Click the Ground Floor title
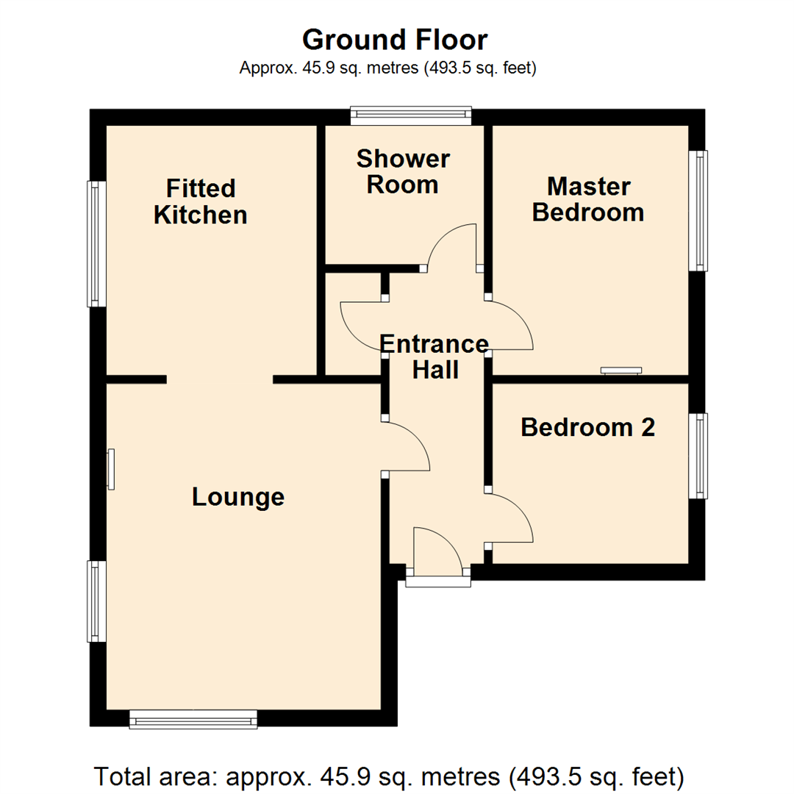click(396, 39)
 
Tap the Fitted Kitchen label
click(200, 201)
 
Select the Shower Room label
click(403, 171)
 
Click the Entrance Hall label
click(434, 357)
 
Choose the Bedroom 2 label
click(587, 427)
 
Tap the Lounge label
click(237, 497)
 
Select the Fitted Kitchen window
click(96, 243)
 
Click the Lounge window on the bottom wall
click(193, 719)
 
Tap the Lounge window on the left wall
click(96, 601)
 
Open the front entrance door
click(437, 551)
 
